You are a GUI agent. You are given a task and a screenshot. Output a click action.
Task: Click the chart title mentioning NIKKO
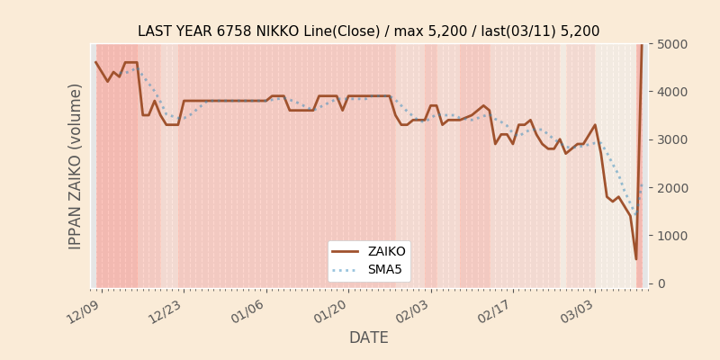(x=368, y=31)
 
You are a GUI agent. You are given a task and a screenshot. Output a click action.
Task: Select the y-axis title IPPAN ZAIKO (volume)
(x=76, y=166)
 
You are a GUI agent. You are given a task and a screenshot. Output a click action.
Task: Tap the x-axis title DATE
(x=368, y=337)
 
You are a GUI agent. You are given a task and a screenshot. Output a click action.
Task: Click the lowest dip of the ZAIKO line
(x=635, y=259)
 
